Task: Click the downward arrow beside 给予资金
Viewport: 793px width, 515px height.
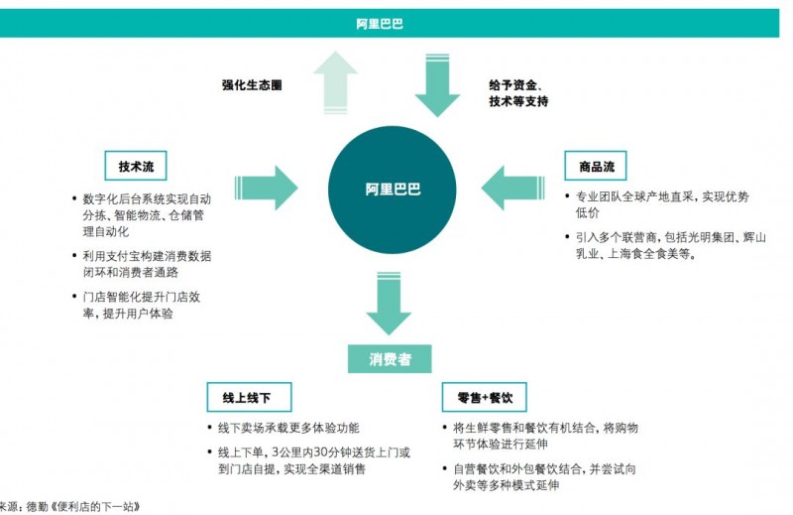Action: pos(438,84)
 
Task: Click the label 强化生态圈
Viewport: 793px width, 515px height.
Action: pos(252,85)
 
